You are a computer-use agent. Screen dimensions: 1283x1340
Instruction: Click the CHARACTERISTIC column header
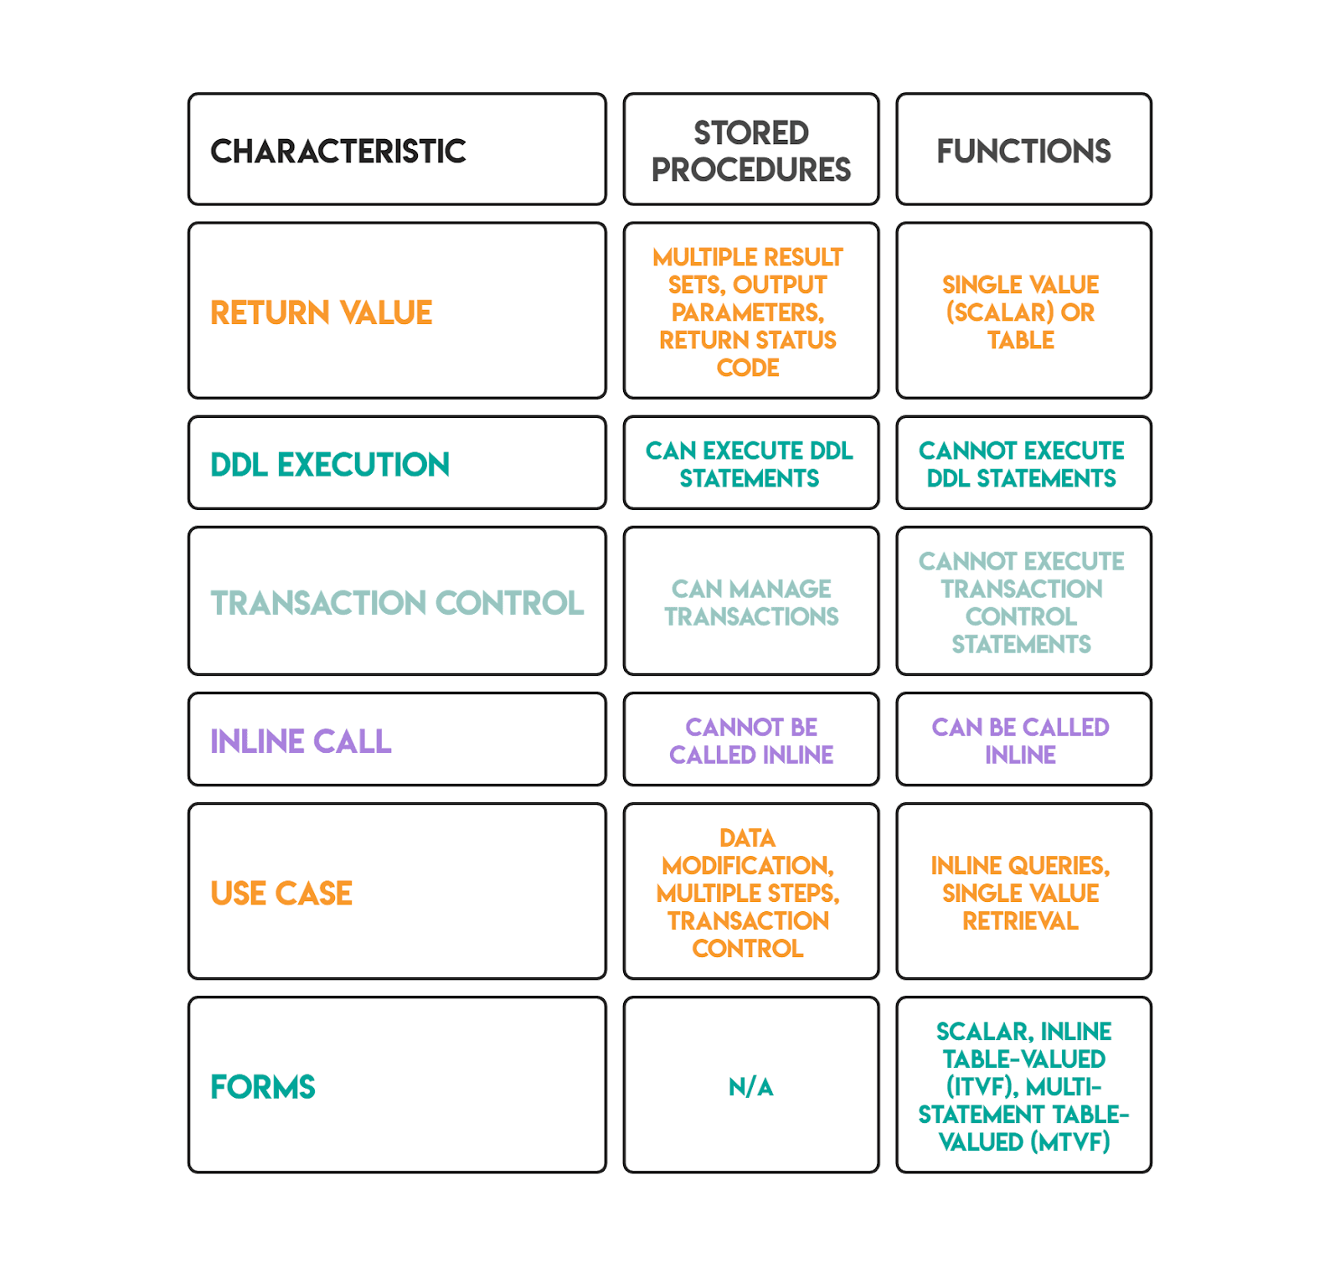(x=338, y=152)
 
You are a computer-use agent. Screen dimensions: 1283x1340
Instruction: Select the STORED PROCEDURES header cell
(x=751, y=151)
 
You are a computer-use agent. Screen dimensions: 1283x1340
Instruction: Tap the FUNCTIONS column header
(x=1023, y=152)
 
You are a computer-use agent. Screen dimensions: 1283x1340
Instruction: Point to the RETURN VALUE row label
(x=322, y=313)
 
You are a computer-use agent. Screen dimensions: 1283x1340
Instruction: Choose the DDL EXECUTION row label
(x=330, y=465)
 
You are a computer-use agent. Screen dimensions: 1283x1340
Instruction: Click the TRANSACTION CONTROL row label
(x=397, y=603)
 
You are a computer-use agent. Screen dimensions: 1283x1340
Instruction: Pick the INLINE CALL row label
(x=301, y=741)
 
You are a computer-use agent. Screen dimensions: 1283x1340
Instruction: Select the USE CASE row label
(x=281, y=894)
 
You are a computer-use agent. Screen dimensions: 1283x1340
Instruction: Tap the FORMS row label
(x=263, y=1087)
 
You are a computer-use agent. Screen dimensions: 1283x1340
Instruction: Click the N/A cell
(x=751, y=1087)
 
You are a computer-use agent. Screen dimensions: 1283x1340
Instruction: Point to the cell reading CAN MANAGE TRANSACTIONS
(x=751, y=603)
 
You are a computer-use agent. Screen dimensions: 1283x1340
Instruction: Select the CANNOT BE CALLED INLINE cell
(x=751, y=741)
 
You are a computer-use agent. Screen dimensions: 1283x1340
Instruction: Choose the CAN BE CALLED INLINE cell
(x=1021, y=741)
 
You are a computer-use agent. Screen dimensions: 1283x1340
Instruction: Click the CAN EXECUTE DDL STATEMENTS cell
(x=750, y=465)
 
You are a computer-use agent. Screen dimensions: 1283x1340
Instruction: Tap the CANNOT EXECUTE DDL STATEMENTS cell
(x=1022, y=465)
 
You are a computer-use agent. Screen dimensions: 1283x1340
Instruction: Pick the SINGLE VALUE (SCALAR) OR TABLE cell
(x=1021, y=312)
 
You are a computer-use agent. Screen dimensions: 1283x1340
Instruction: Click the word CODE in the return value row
(x=748, y=368)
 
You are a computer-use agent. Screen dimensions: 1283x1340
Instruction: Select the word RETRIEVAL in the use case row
(x=1020, y=921)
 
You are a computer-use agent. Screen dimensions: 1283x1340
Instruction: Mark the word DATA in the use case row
(x=748, y=838)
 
